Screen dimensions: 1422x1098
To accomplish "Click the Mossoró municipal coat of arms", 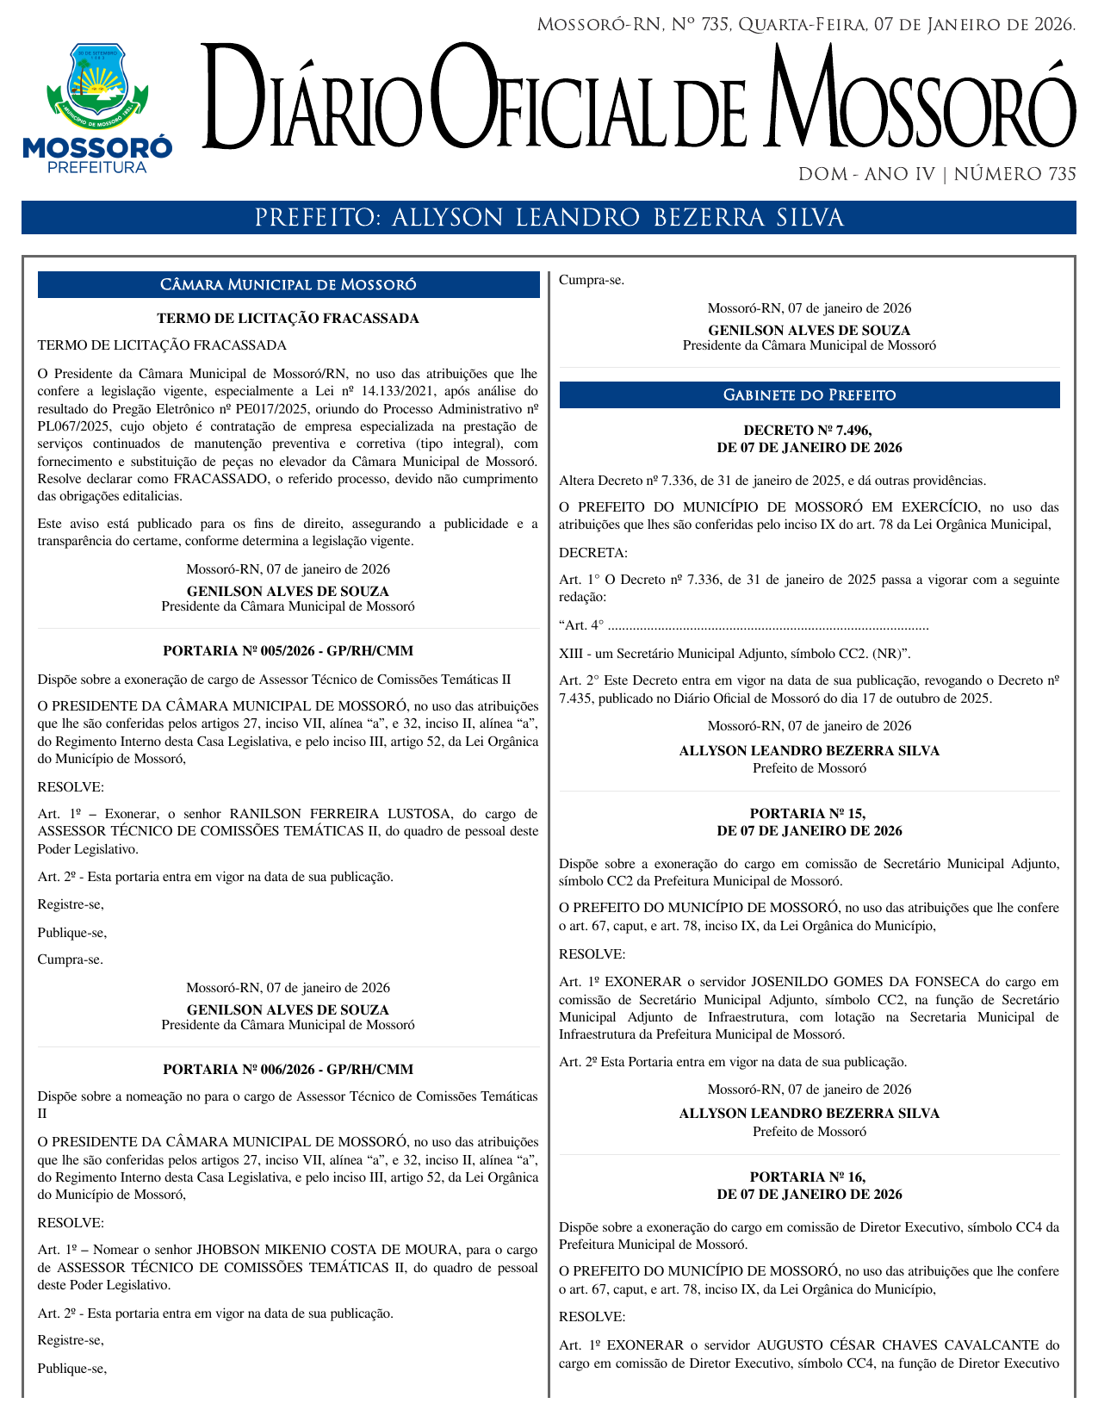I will coord(96,85).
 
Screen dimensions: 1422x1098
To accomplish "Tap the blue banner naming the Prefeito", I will coord(549,218).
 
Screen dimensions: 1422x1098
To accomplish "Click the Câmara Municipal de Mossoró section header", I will coord(288,285).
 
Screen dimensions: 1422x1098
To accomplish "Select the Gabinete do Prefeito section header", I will coord(809,395).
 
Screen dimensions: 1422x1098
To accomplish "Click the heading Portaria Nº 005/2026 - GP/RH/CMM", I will coord(288,651).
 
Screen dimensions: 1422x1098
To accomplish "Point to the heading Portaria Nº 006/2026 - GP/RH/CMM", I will coord(288,1070).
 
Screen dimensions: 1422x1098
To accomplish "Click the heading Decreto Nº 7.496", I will coord(809,431).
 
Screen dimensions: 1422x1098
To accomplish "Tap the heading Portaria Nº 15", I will coord(808,813).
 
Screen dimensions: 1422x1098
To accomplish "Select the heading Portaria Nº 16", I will coord(808,1177).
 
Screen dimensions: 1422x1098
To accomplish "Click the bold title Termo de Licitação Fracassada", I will coord(288,319).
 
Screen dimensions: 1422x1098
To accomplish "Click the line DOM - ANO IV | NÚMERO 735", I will coord(937,175).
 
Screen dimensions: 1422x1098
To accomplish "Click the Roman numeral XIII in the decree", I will coord(571,653).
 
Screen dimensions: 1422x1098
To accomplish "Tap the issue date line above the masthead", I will coord(806,25).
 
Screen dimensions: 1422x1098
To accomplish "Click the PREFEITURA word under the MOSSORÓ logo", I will coord(97,168).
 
